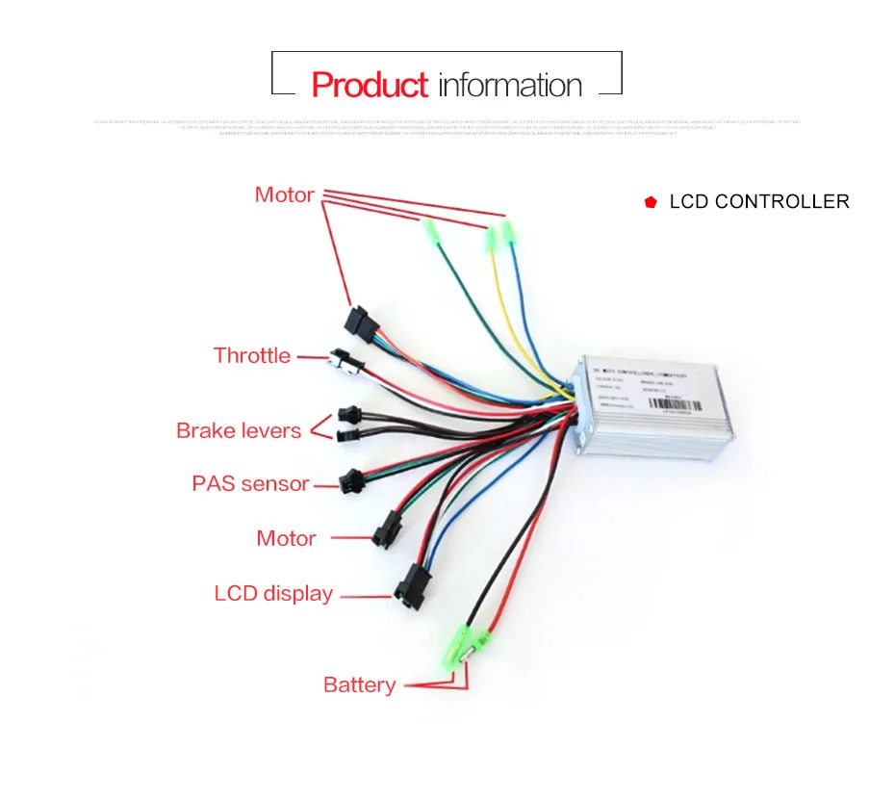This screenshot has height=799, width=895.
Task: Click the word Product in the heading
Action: [x=370, y=85]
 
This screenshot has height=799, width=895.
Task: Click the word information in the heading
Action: [x=510, y=85]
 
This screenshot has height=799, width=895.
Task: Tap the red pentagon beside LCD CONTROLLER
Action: [x=652, y=202]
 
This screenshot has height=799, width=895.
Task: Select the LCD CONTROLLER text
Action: [x=759, y=202]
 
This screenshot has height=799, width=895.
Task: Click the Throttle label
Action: [x=251, y=356]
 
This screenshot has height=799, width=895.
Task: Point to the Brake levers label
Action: [x=239, y=430]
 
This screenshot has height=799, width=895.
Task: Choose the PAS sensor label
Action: [x=250, y=483]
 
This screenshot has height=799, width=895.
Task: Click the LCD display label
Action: [x=273, y=594]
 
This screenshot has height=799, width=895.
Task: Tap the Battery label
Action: [x=359, y=685]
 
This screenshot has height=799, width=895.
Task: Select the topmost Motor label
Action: [x=284, y=195]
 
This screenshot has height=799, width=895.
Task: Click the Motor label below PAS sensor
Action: [x=286, y=538]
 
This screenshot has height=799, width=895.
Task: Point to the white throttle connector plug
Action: [x=344, y=360]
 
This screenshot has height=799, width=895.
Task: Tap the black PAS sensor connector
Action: [x=352, y=478]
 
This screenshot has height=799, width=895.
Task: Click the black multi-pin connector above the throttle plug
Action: [x=360, y=322]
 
